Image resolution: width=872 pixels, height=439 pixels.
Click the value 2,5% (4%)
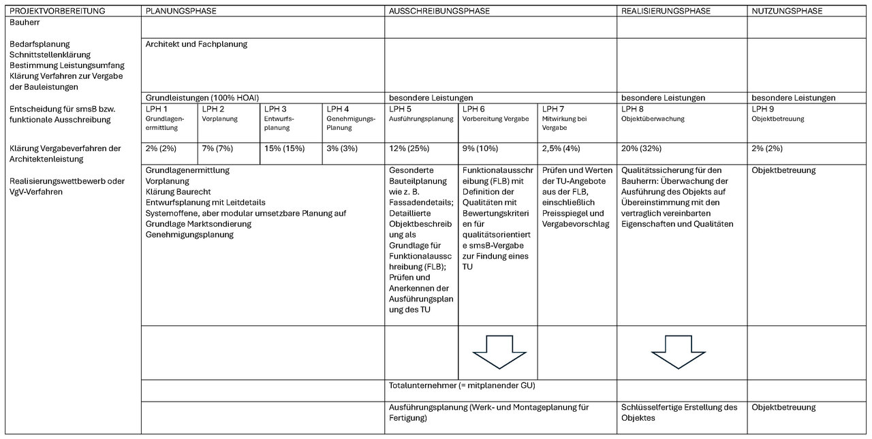click(561, 148)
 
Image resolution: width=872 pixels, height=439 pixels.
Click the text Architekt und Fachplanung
click(196, 44)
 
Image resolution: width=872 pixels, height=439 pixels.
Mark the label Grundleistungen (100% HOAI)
click(202, 98)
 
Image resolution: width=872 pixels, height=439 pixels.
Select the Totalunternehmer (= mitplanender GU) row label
click(462, 385)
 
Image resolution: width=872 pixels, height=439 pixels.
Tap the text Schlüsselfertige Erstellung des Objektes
click(679, 412)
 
